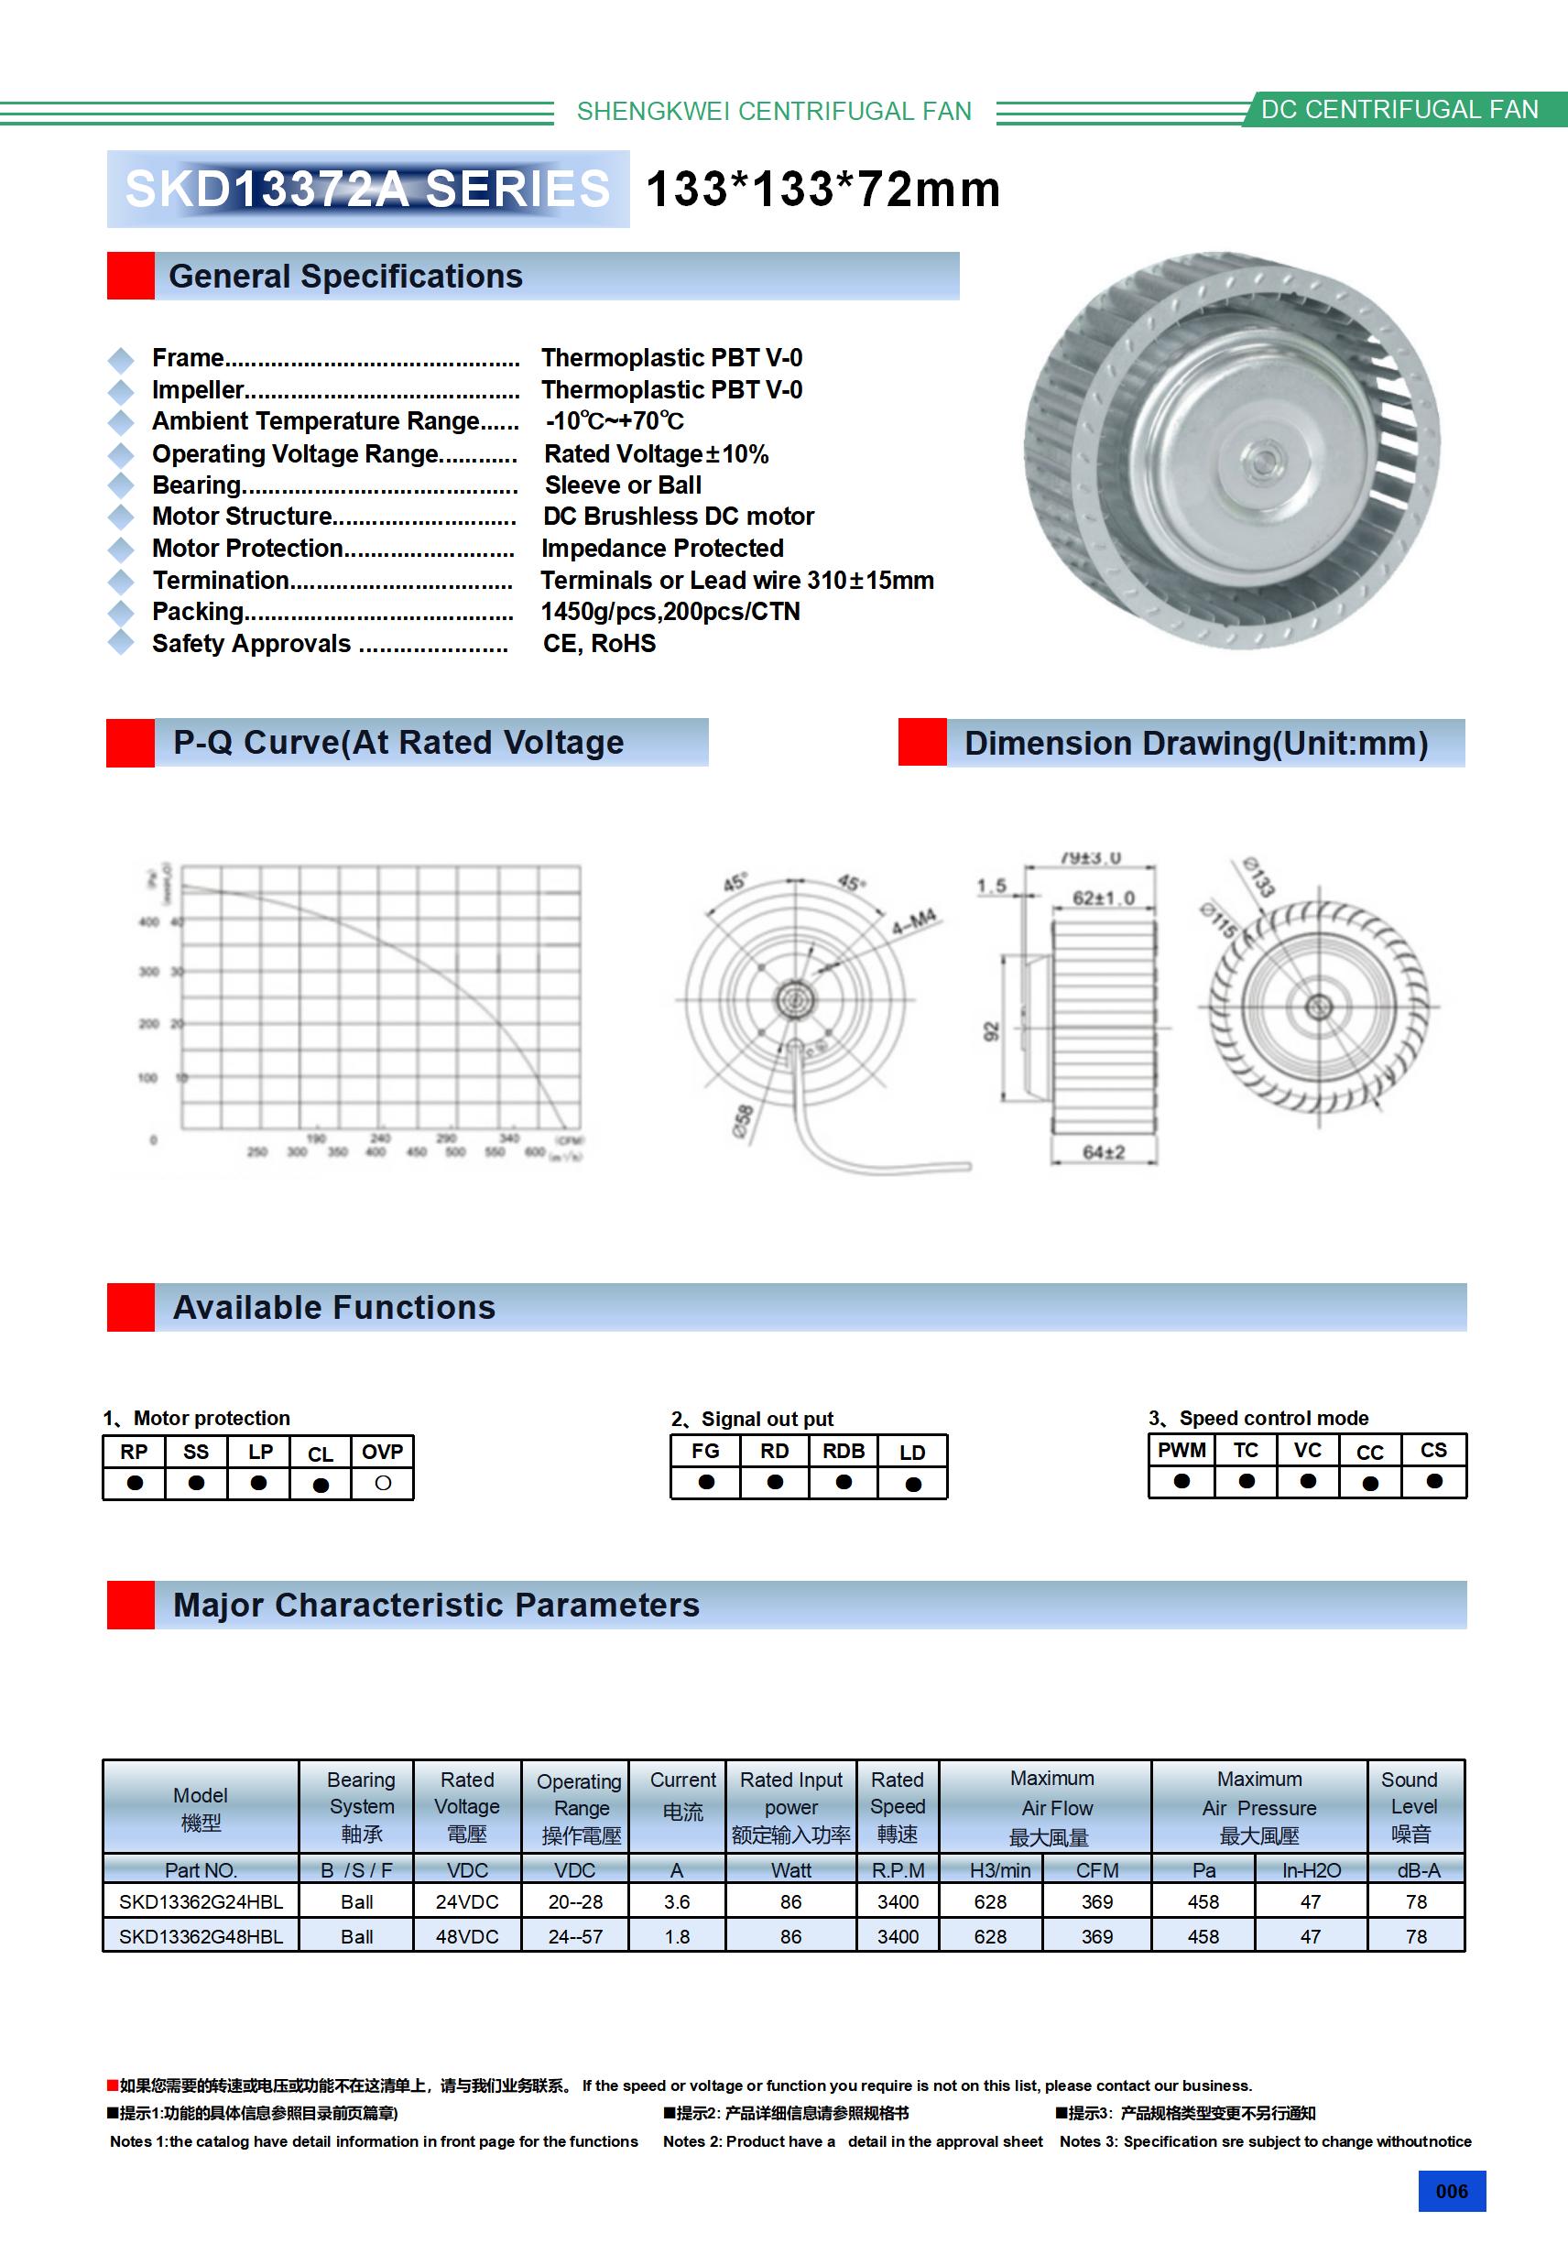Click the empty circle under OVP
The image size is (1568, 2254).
[x=383, y=1484]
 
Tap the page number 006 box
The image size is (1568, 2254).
[x=1451, y=2191]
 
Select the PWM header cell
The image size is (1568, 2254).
[x=1181, y=1450]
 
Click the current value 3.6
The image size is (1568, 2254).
[x=677, y=1901]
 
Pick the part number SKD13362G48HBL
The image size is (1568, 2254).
[x=201, y=1936]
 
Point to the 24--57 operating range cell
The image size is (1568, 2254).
[x=575, y=1936]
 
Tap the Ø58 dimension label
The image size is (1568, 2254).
[x=744, y=1120]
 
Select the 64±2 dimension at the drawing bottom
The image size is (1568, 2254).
[x=1104, y=1151]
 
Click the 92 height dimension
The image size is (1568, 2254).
[x=991, y=1030]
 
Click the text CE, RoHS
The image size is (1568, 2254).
[x=599, y=643]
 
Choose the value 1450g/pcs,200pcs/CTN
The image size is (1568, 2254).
[x=670, y=612]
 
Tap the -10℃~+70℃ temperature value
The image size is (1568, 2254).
[x=615, y=421]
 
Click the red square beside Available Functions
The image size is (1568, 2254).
[x=131, y=1307]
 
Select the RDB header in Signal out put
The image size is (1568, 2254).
[x=844, y=1451]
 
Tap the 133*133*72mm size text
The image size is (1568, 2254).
[x=822, y=190]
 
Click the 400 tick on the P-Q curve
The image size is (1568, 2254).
[x=148, y=921]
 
